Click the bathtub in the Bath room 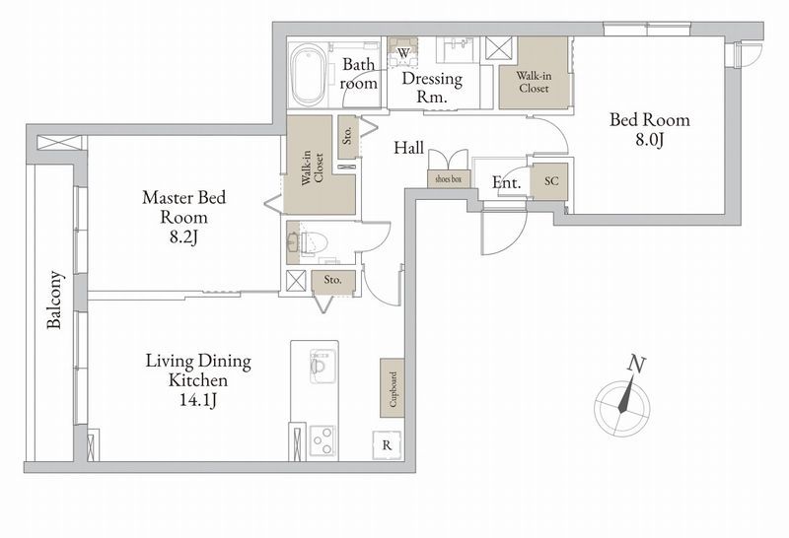(309, 75)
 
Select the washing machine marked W (403, 52)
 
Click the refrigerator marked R (387, 445)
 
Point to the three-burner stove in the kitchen (323, 440)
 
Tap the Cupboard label (393, 388)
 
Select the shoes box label (449, 178)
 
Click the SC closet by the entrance (550, 180)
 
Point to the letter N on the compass (636, 365)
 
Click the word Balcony (54, 300)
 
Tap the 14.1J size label (198, 400)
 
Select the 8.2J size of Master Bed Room (183, 236)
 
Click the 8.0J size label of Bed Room (650, 139)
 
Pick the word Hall (408, 148)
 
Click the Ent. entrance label (506, 182)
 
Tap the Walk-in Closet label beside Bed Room (534, 82)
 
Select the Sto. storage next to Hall (347, 136)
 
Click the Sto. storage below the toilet (332, 280)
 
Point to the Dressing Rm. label (432, 88)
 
